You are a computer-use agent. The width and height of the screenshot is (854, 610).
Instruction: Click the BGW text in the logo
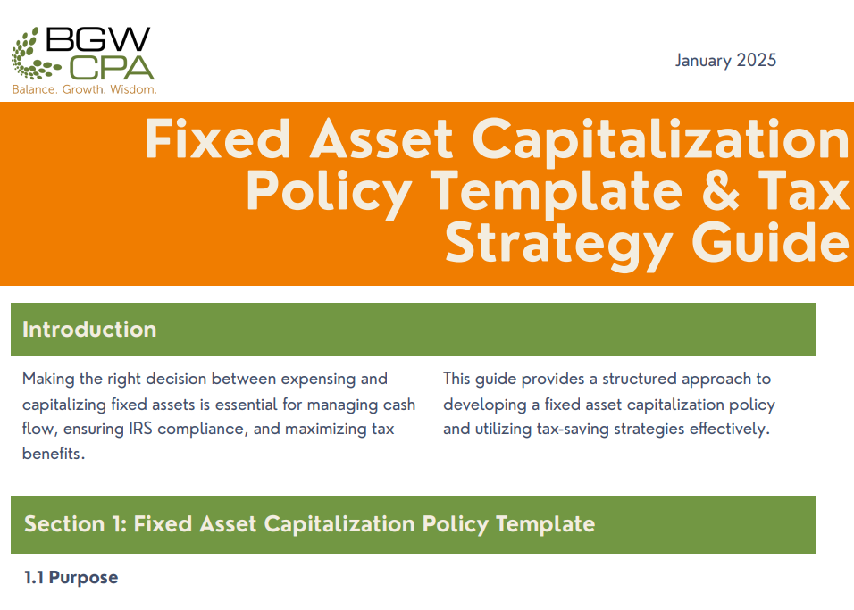click(98, 39)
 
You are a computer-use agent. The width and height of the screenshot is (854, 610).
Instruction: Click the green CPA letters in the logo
click(112, 68)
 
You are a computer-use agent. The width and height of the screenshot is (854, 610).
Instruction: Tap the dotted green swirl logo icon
click(33, 54)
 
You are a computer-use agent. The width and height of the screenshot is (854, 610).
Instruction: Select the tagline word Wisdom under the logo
click(133, 89)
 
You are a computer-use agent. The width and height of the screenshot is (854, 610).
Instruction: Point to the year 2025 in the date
click(756, 60)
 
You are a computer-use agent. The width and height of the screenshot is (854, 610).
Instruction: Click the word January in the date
click(703, 61)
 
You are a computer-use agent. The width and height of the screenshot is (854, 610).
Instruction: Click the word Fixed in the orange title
click(218, 139)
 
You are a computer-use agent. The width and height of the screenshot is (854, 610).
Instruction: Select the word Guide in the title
click(770, 242)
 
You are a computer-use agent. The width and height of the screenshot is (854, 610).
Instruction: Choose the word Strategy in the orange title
click(559, 246)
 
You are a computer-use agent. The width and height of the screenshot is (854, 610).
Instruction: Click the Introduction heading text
click(89, 330)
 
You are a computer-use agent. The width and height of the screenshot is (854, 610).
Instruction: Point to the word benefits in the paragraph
click(54, 454)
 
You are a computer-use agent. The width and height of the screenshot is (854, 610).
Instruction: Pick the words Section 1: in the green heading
click(76, 524)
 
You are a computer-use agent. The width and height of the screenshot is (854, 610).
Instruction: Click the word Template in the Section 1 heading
click(545, 525)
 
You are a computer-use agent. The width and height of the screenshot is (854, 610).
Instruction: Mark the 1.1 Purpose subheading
click(71, 578)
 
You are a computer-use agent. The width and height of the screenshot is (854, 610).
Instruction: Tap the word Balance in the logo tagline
click(34, 89)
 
